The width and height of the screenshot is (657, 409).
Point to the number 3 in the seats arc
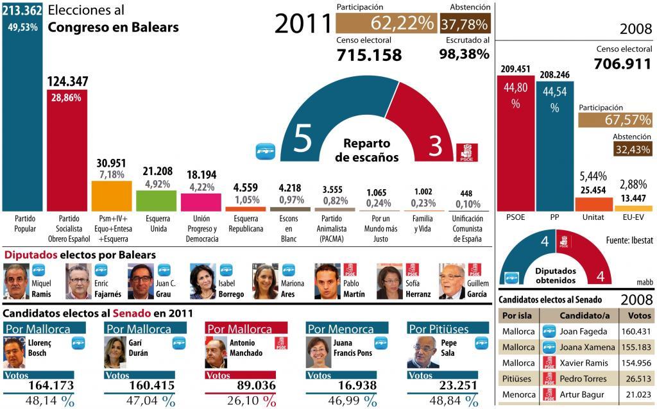click(x=436, y=146)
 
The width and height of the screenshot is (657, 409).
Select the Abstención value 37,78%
click(x=465, y=23)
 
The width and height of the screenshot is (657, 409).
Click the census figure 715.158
click(x=369, y=55)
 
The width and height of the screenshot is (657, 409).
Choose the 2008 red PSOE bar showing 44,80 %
click(x=515, y=141)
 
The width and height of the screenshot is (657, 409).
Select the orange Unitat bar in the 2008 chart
click(x=593, y=204)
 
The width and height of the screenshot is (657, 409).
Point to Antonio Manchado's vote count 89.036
click(x=248, y=385)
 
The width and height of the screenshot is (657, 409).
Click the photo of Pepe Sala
click(x=423, y=351)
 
